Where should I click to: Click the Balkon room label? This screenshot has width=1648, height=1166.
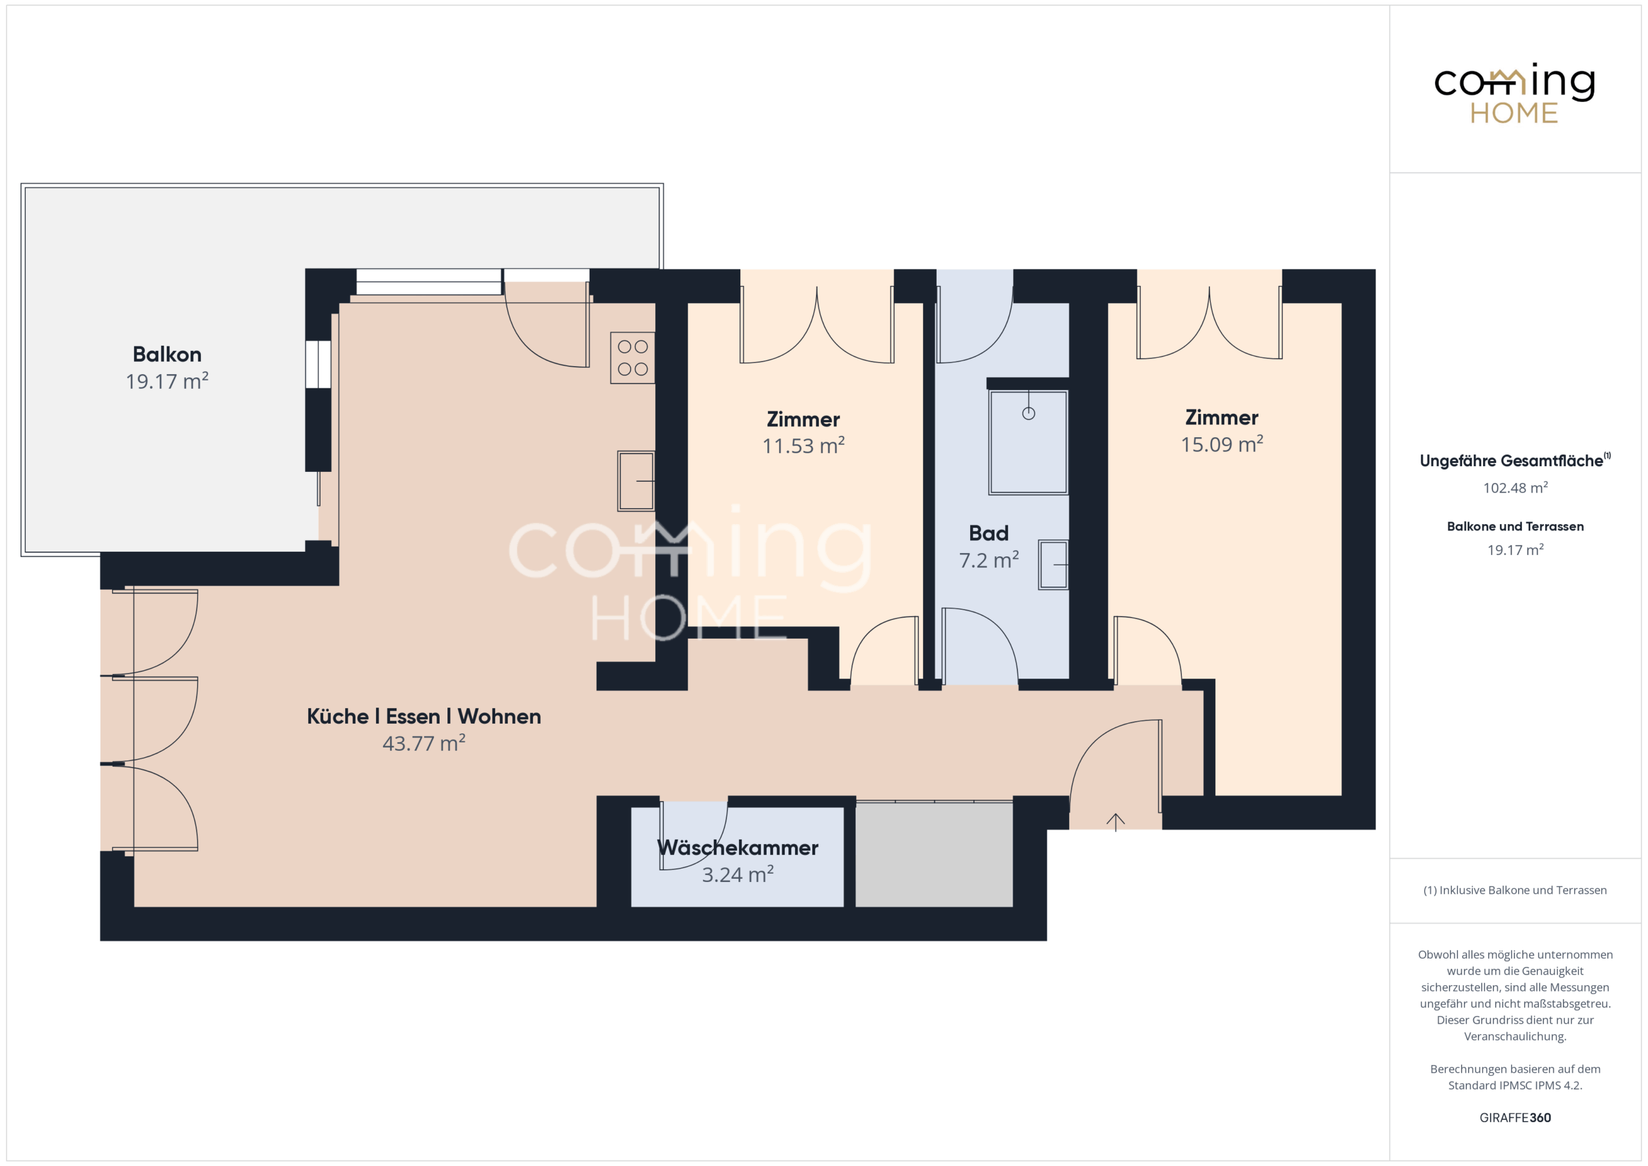[x=167, y=354]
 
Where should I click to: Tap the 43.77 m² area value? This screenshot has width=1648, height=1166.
[x=424, y=742]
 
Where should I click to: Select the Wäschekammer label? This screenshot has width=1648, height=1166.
[x=738, y=847]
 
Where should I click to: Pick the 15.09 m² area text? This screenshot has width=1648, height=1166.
[x=1222, y=444]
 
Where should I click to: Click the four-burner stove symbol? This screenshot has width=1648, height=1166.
[x=632, y=357]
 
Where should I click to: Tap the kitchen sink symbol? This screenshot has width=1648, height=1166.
[x=636, y=481]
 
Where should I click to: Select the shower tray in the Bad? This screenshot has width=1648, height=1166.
[x=1028, y=442]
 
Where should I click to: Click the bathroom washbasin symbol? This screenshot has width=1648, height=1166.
[x=1053, y=565]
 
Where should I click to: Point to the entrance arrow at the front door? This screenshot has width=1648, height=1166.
[x=1116, y=822]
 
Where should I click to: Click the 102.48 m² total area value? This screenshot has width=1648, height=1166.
[x=1515, y=487]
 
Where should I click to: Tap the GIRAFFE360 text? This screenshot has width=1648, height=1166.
[x=1515, y=1118]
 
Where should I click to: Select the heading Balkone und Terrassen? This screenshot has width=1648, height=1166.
[x=1515, y=526]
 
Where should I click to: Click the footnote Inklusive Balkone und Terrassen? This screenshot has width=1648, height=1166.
[x=1515, y=890]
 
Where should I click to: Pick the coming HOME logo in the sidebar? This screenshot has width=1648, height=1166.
[x=1515, y=93]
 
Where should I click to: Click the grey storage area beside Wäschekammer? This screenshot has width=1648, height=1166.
[x=934, y=854]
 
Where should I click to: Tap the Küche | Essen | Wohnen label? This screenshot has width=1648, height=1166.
[x=424, y=716]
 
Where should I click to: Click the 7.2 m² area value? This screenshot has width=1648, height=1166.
[x=988, y=560]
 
